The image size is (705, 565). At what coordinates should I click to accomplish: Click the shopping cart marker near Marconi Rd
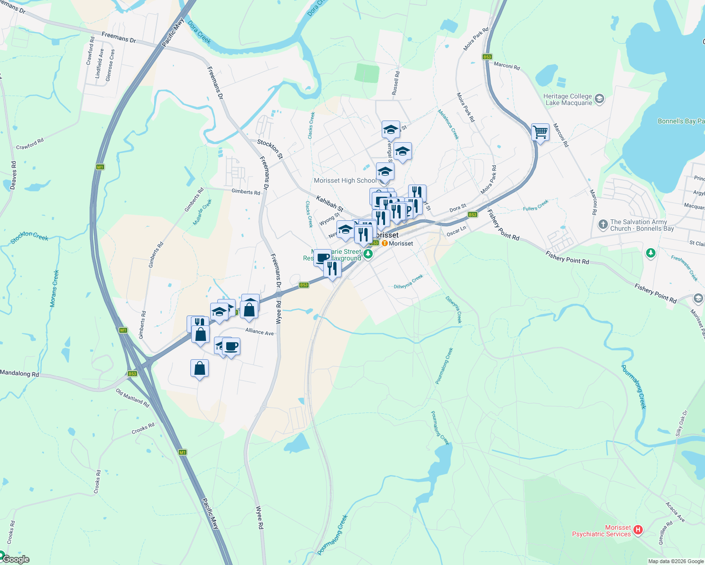click(x=540, y=132)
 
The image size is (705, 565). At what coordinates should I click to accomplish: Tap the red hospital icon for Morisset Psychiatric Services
click(x=638, y=530)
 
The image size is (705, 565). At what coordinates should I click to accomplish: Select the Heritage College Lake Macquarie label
click(x=567, y=99)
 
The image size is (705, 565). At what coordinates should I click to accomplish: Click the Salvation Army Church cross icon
click(x=603, y=225)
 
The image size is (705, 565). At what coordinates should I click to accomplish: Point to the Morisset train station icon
click(x=385, y=243)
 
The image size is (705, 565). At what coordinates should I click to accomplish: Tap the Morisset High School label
click(x=345, y=180)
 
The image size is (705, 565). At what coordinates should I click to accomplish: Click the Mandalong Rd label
click(x=19, y=373)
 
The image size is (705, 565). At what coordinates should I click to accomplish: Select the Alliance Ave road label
click(x=259, y=332)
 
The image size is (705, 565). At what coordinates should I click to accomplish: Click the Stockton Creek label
click(x=29, y=236)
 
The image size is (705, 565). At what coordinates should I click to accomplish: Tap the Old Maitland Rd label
click(x=132, y=398)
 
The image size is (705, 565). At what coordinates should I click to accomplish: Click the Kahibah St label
click(x=329, y=203)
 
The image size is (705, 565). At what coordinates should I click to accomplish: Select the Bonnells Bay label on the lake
click(x=680, y=121)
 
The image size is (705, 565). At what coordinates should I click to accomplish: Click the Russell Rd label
click(x=396, y=83)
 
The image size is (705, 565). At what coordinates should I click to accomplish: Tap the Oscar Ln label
click(x=456, y=231)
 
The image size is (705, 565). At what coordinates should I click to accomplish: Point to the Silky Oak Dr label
click(x=682, y=423)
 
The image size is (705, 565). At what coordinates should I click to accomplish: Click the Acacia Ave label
click(x=675, y=512)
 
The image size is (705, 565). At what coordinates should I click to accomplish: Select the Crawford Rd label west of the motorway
click(x=30, y=144)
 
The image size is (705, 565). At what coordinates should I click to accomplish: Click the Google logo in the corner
click(x=16, y=559)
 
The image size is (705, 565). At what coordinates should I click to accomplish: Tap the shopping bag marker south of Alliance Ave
click(x=199, y=368)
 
